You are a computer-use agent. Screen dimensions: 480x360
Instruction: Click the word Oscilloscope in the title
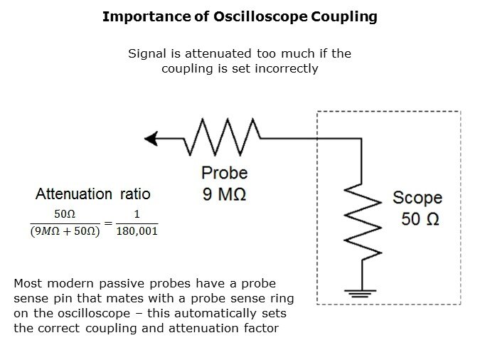[x=260, y=17]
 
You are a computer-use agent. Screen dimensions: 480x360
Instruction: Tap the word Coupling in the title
[x=344, y=17]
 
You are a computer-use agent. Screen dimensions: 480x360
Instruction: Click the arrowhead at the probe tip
[x=151, y=139]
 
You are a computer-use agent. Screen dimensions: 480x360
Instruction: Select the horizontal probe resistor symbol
[x=222, y=137]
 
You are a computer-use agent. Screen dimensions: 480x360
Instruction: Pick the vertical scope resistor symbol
[x=363, y=222]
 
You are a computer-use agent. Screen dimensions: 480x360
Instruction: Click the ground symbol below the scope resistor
[x=361, y=294]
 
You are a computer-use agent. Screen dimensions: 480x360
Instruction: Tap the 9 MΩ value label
[x=224, y=194]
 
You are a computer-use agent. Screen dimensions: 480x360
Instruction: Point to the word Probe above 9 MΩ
[x=225, y=173]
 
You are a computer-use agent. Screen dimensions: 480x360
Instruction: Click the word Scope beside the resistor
[x=417, y=198]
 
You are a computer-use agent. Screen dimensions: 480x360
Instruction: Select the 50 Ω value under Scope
[x=420, y=219]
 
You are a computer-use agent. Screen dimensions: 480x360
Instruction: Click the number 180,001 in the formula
[x=137, y=231]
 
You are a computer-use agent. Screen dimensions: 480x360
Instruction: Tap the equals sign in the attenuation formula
[x=108, y=223]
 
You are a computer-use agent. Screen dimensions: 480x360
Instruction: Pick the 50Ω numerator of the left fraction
[x=65, y=214]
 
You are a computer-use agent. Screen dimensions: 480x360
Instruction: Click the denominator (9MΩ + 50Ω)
[x=65, y=231]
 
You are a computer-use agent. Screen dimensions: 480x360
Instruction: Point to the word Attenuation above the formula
[x=74, y=194]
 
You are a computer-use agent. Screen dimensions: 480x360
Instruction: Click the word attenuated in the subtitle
[x=218, y=53]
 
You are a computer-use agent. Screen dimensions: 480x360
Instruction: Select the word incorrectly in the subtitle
[x=287, y=68]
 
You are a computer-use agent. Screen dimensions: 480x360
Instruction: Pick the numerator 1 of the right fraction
[x=137, y=214]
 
